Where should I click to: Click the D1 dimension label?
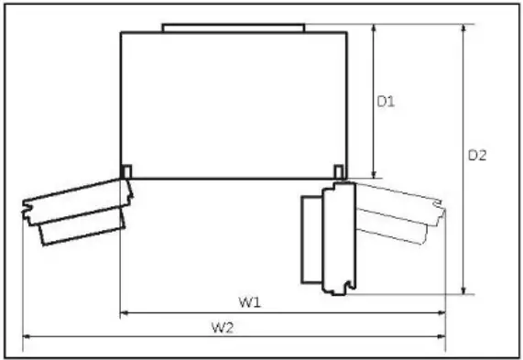pos(386,102)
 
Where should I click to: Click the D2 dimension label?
pos(477,156)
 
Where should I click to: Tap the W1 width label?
pos(249,302)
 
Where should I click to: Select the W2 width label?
pos(223,328)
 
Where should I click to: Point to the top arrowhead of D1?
pos(374,27)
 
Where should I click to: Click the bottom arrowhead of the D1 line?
pos(374,174)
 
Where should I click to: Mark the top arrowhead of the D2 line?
pos(463,27)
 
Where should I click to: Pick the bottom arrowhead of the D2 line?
pos(463,290)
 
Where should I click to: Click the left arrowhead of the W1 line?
pos(124,312)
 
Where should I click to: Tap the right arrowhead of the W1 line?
pos(441,312)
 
